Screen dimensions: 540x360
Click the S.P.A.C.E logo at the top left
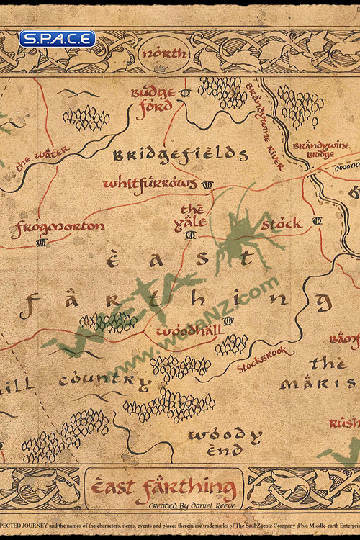(x=57, y=38)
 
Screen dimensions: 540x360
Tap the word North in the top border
(x=165, y=53)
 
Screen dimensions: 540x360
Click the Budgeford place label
(x=152, y=99)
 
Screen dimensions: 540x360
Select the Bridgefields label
(x=180, y=154)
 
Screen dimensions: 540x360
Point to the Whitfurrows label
(x=150, y=184)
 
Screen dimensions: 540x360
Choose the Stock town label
(x=281, y=224)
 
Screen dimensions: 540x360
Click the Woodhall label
(x=184, y=330)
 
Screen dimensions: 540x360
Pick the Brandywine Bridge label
(x=320, y=150)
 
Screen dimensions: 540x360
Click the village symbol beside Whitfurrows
(x=208, y=184)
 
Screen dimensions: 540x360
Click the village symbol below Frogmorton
(x=41, y=243)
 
